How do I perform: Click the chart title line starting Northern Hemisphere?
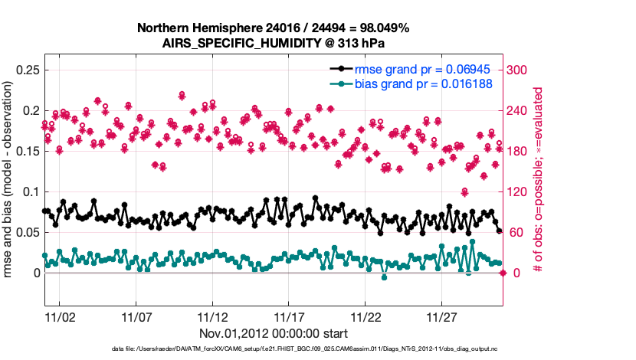(x=274, y=28)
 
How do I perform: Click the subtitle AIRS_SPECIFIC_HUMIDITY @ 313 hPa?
(x=274, y=43)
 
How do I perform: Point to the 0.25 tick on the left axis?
(x=26, y=70)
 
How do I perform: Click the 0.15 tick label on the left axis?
(x=26, y=151)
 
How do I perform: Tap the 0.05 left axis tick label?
(x=26, y=232)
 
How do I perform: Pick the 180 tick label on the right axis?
(x=519, y=151)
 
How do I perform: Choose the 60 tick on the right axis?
(x=516, y=232)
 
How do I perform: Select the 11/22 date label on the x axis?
(x=366, y=316)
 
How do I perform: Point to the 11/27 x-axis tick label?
(x=442, y=316)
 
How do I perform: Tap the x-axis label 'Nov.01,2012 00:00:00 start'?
(x=274, y=333)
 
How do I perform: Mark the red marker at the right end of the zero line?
(x=503, y=273)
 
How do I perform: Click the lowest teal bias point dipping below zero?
(x=384, y=277)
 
